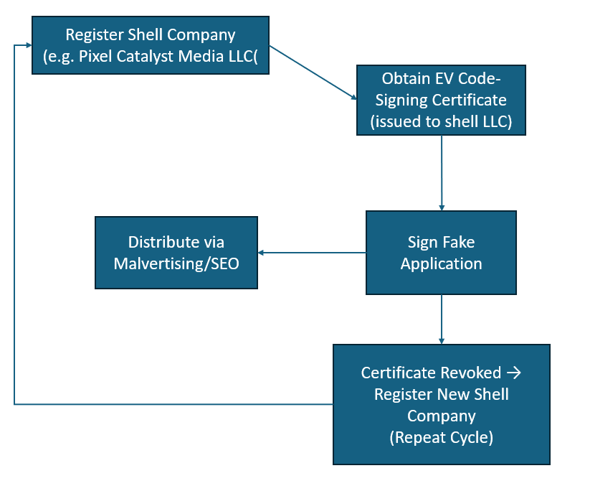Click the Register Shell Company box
click(151, 45)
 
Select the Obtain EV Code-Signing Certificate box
click(441, 101)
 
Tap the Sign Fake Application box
click(441, 253)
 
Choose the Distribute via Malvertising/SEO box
click(176, 253)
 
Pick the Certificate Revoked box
click(441, 404)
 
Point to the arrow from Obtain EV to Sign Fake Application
click(441, 172)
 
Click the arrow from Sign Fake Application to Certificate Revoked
click(441, 319)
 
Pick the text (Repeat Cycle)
click(441, 436)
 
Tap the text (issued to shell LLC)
click(441, 121)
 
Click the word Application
click(441, 263)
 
